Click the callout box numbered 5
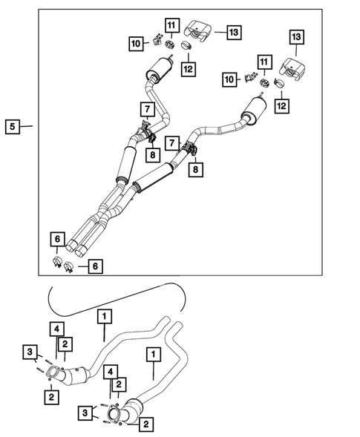[x=13, y=127]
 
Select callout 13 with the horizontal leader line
[x=234, y=33]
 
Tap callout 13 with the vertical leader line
[x=296, y=37]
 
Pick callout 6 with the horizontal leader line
[x=95, y=266]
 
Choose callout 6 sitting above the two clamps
[x=57, y=239]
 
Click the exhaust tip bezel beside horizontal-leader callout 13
[x=198, y=31]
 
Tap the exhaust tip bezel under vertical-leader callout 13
[x=292, y=69]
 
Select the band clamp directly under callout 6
[x=57, y=262]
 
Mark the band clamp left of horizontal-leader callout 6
[x=68, y=267]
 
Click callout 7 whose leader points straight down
[x=147, y=110]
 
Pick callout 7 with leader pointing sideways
[x=172, y=143]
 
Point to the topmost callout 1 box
[x=105, y=316]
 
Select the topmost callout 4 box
[x=57, y=329]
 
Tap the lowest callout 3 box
[x=85, y=413]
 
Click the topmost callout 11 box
[x=171, y=26]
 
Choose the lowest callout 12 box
[x=281, y=106]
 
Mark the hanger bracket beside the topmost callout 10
[x=157, y=39]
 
